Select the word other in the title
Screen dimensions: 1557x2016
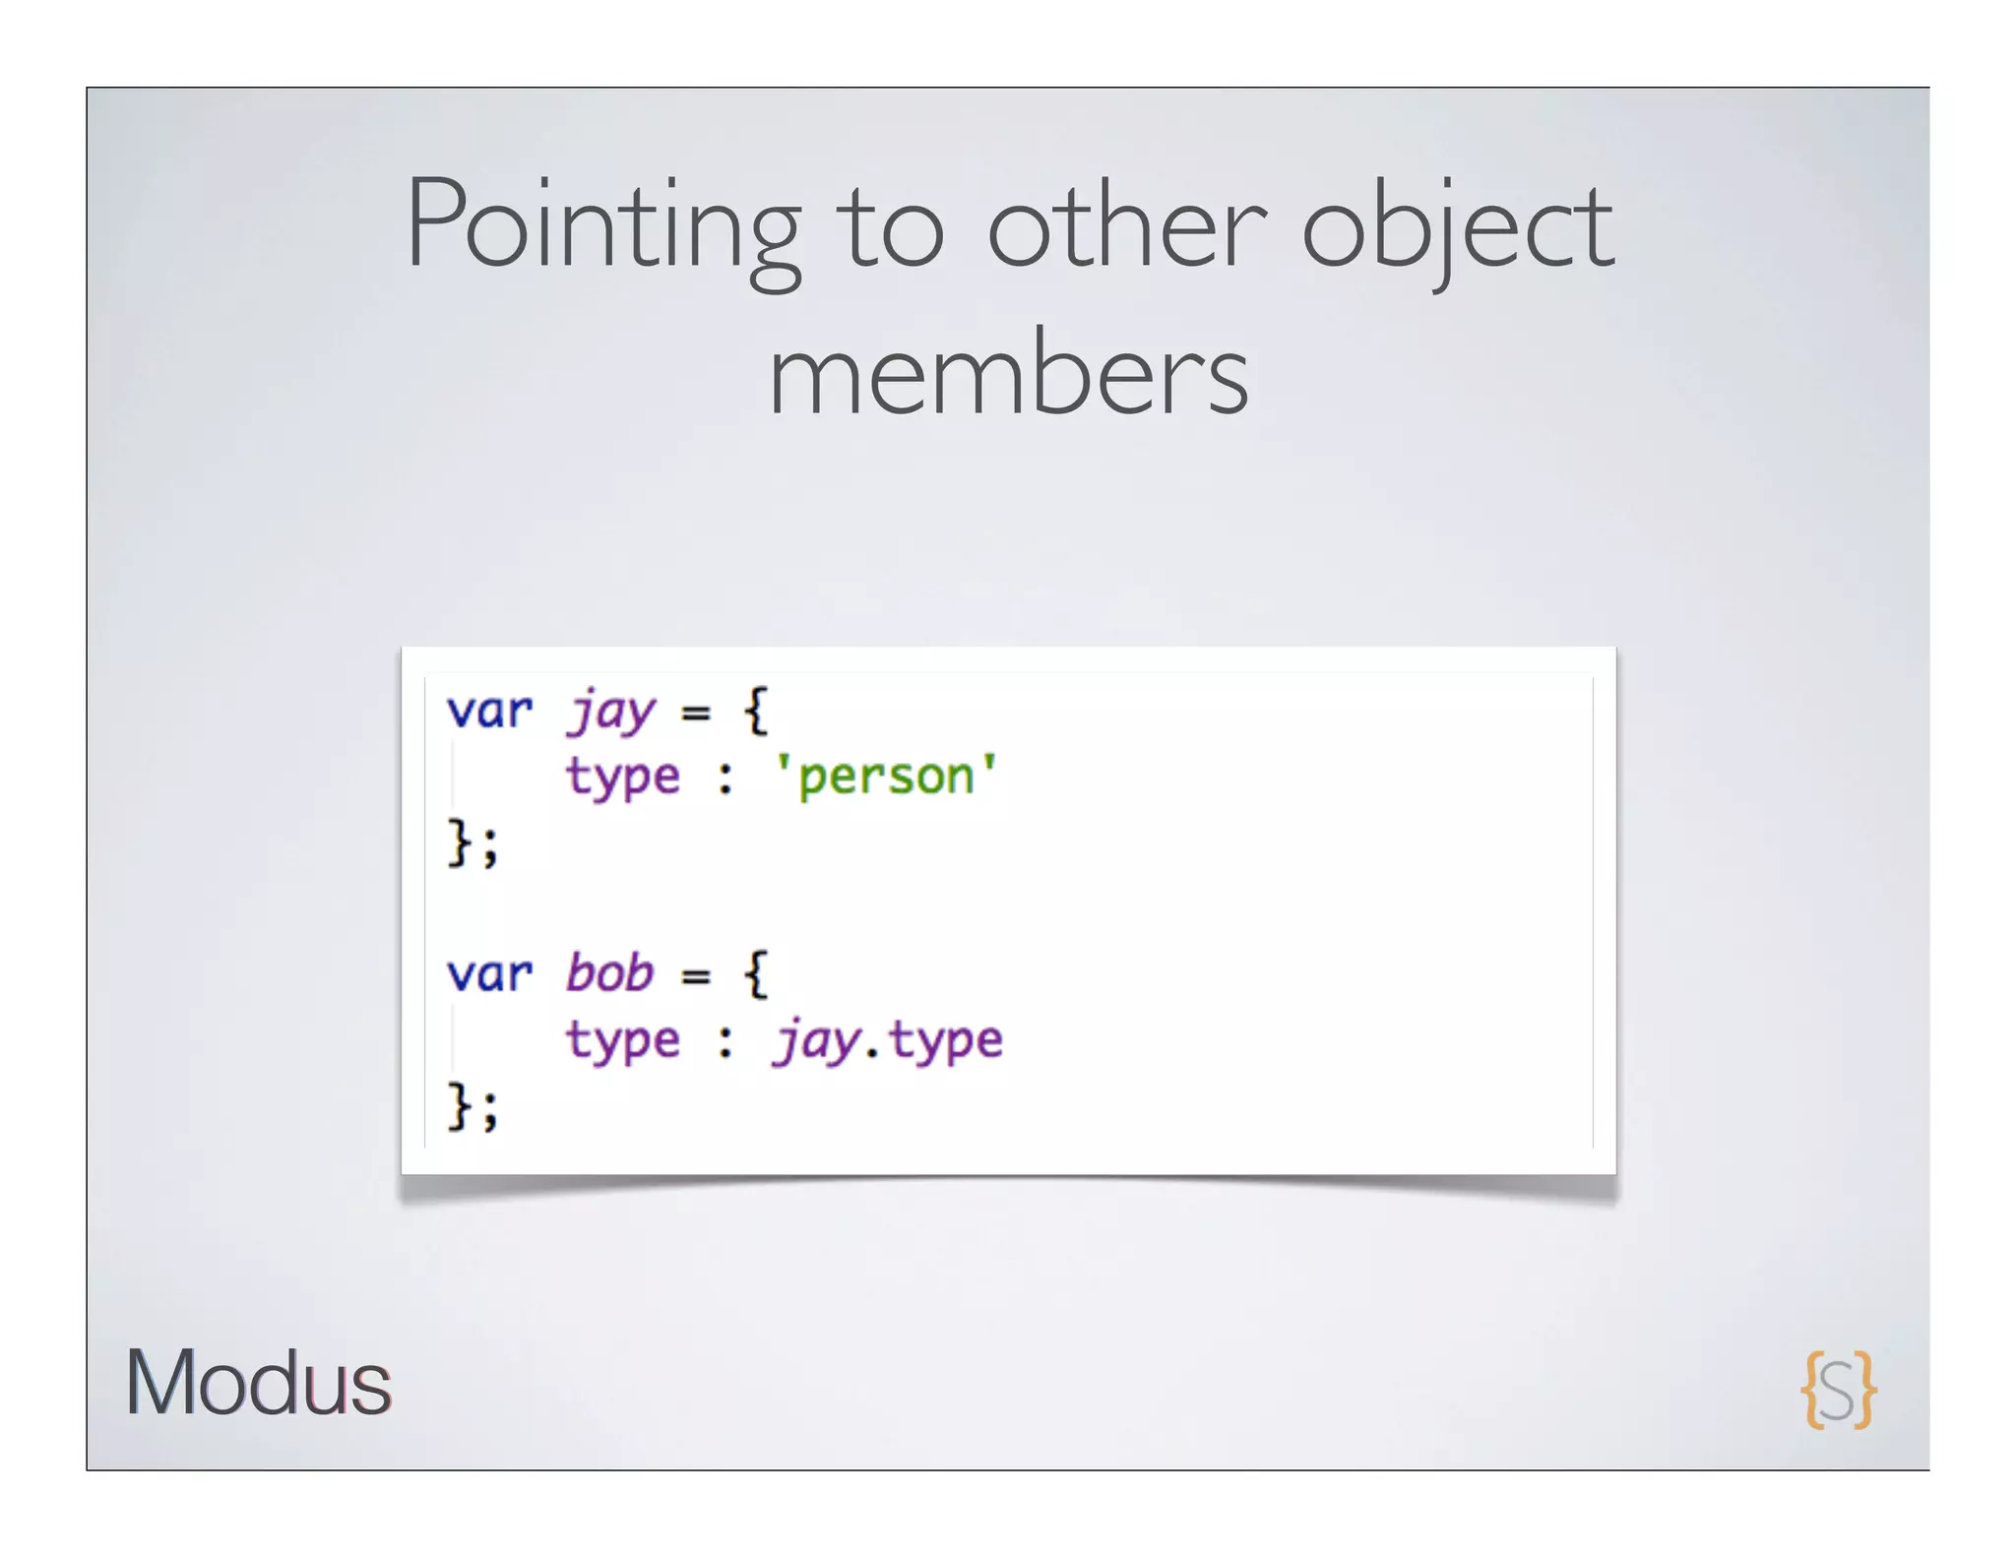(x=1127, y=226)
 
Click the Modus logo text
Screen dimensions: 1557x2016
(x=258, y=1383)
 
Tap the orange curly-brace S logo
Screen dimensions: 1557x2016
(x=1838, y=1389)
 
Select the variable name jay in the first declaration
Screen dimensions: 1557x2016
(x=610, y=711)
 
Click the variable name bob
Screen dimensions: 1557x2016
(x=609, y=973)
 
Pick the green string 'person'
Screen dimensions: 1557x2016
(x=886, y=776)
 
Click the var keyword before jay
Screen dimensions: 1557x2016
(x=489, y=711)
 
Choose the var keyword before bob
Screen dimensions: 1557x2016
(x=489, y=973)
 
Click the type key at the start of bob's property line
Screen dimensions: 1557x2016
(x=622, y=1041)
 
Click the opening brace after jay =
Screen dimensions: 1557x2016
(x=756, y=711)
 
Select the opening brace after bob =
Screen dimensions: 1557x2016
(x=756, y=973)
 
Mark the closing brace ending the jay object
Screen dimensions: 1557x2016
(x=459, y=842)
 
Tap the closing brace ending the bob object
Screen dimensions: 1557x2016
(x=459, y=1106)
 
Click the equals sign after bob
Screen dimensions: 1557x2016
(x=696, y=975)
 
